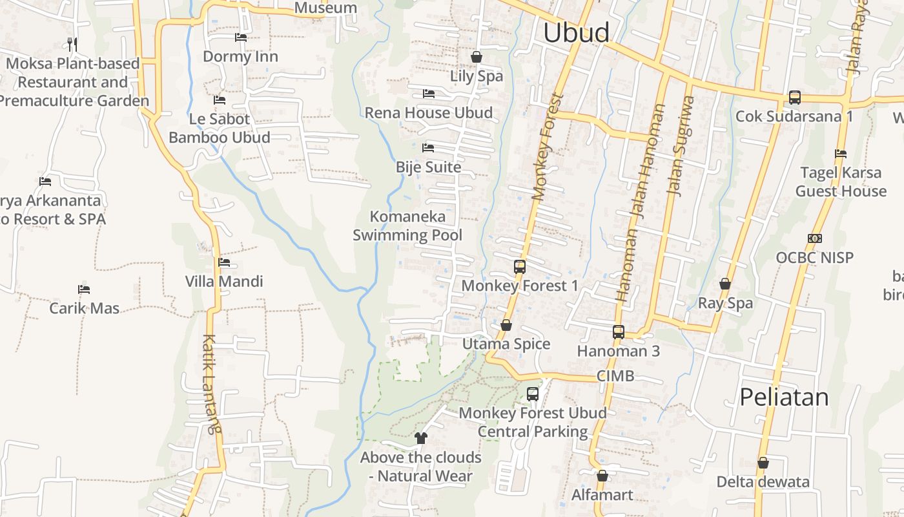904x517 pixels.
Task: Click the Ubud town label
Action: pos(576,32)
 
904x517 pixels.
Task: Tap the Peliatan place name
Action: pos(784,397)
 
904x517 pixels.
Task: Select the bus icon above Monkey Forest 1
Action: pos(519,266)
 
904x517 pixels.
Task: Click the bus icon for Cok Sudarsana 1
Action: pos(794,98)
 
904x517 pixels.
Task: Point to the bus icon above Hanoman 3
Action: pos(618,332)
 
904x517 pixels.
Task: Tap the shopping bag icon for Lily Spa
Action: pos(477,57)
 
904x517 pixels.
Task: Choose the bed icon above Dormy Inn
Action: pos(241,37)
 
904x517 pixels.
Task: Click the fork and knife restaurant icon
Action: pos(72,44)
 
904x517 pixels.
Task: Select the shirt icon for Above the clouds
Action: pos(421,438)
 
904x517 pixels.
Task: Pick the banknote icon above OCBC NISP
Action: pos(814,238)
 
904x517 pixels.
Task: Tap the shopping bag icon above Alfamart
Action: pos(602,476)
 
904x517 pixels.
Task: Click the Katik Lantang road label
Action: pos(211,383)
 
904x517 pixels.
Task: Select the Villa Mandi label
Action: pos(224,282)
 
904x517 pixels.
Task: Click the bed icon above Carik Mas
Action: pos(84,289)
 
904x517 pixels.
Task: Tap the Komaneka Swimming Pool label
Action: pos(407,226)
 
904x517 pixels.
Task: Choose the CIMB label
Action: pos(615,376)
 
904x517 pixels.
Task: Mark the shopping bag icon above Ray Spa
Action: pos(725,284)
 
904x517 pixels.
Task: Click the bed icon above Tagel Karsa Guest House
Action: pos(840,154)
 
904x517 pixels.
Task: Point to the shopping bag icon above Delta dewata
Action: pos(763,463)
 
